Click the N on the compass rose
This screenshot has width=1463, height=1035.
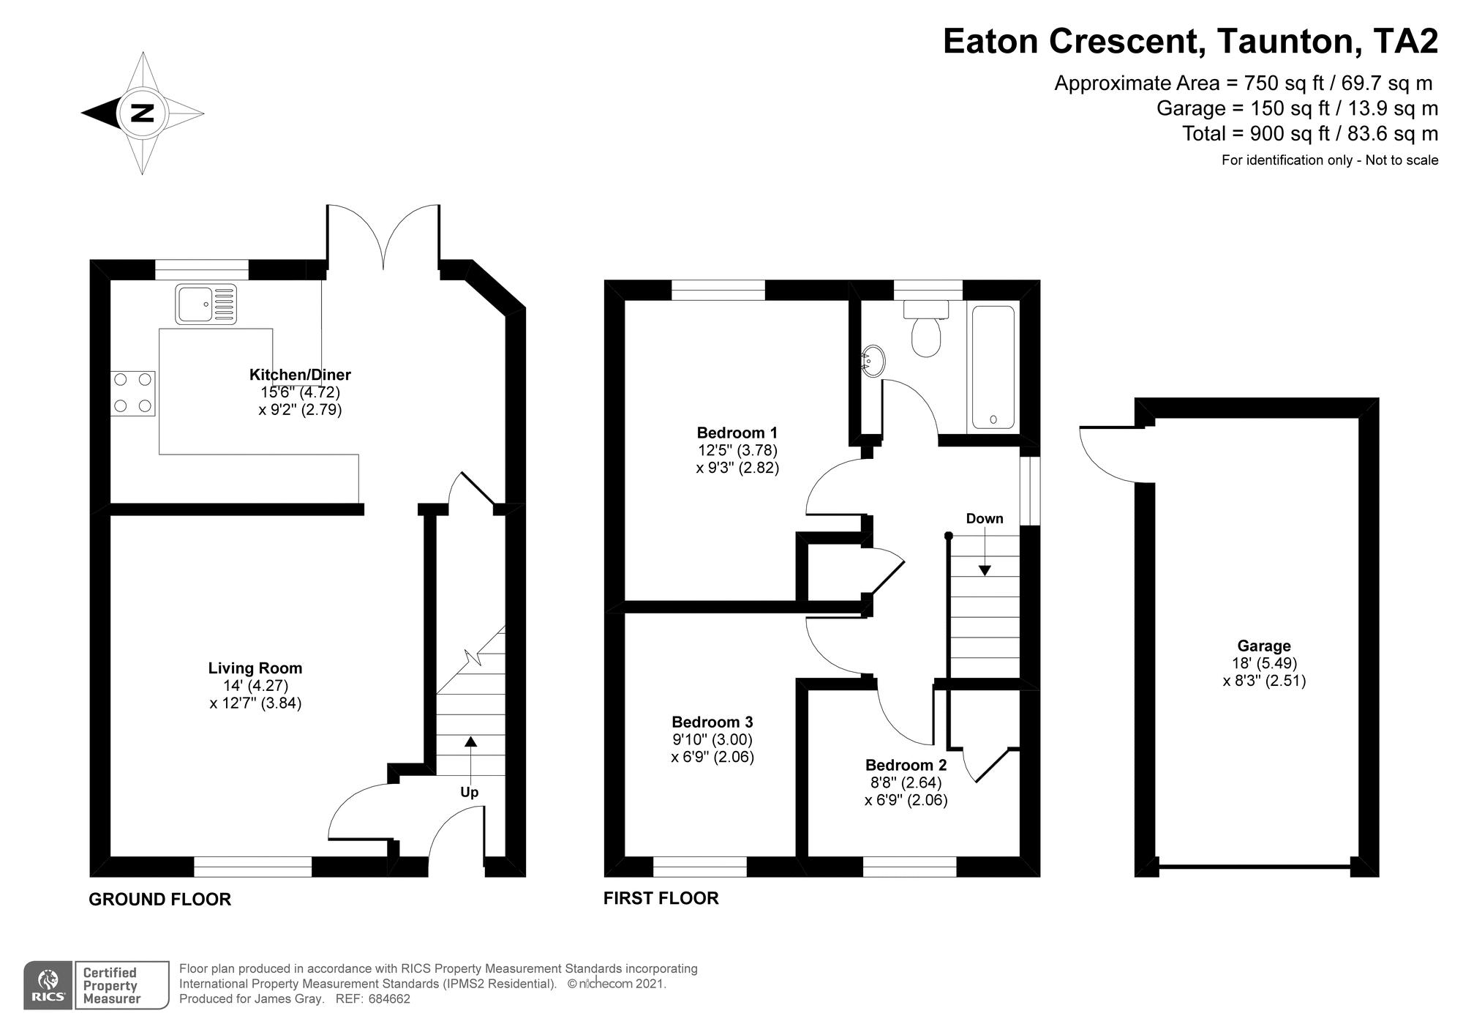(x=142, y=113)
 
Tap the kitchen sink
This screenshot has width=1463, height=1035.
(x=206, y=304)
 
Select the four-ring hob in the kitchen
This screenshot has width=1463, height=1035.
(x=132, y=393)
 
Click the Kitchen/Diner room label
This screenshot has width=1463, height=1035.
(x=300, y=375)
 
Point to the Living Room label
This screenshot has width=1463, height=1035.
(x=255, y=668)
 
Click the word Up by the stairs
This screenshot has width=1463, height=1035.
(x=469, y=792)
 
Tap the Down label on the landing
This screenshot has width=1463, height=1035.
(x=984, y=518)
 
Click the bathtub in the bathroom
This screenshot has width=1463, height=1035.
(x=992, y=367)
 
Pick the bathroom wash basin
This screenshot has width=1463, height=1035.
(x=873, y=361)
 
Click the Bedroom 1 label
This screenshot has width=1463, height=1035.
(x=737, y=433)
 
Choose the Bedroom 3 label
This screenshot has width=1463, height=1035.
(x=712, y=722)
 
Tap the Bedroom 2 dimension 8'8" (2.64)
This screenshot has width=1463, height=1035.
(x=906, y=782)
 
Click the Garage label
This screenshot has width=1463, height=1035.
(x=1263, y=646)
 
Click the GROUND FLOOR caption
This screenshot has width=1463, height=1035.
(x=159, y=899)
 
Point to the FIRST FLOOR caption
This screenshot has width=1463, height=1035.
(x=661, y=898)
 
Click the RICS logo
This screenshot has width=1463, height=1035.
(x=48, y=985)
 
